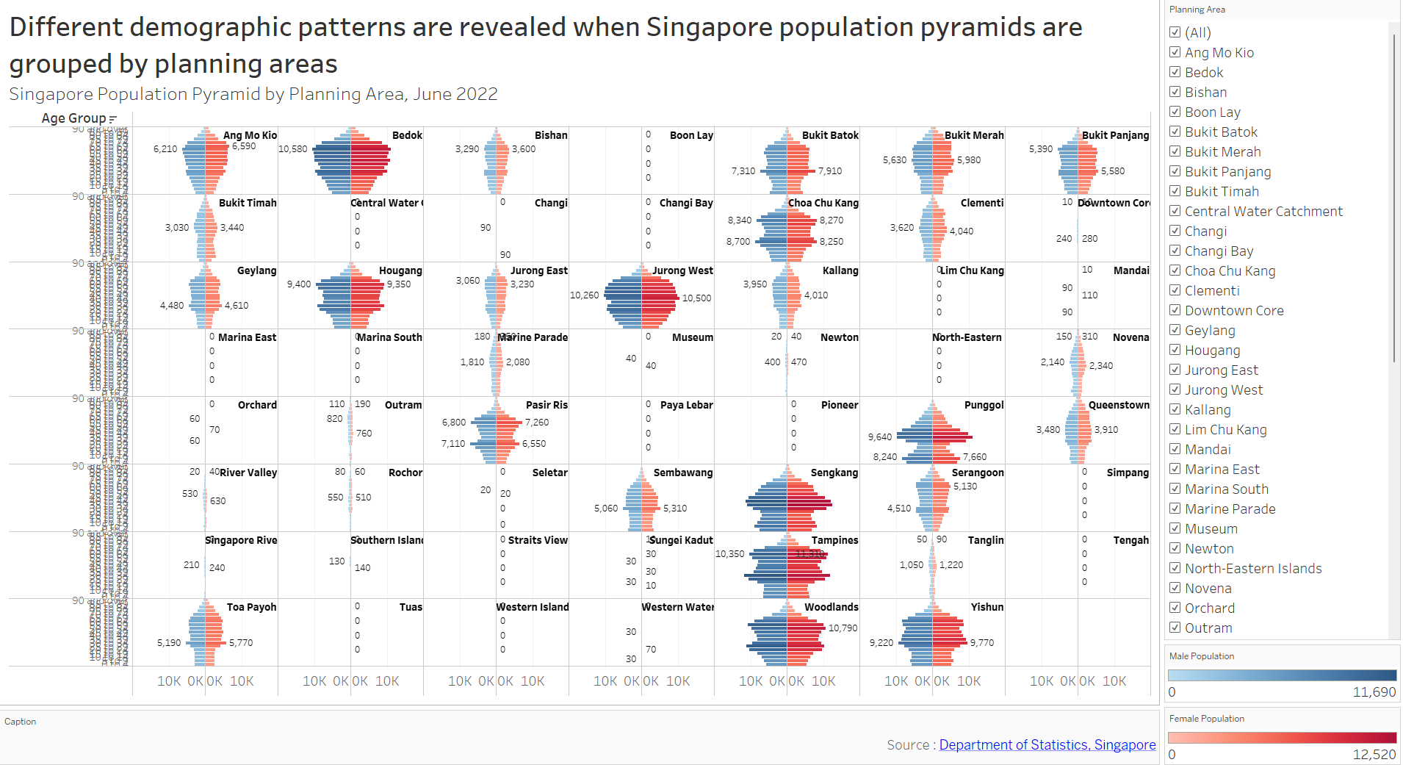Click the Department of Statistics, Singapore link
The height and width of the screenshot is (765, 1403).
1047,744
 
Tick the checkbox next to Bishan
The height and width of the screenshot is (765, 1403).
1175,92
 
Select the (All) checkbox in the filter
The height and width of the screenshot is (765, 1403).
1175,32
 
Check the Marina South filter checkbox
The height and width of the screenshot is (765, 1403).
1175,489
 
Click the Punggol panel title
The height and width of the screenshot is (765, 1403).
984,405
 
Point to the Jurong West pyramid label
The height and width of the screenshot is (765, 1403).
682,270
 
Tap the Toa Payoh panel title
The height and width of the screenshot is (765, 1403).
251,607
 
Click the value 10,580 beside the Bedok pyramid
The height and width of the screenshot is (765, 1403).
292,148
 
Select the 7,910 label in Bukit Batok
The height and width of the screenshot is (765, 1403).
830,170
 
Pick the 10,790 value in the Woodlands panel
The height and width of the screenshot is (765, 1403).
843,628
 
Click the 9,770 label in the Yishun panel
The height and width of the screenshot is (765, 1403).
981,642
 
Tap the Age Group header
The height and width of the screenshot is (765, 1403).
73,118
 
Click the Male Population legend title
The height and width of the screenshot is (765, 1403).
1201,656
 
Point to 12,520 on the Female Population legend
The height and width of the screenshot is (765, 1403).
1374,755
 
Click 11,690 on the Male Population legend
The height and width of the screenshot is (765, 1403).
1374,692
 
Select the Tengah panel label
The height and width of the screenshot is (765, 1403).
1130,540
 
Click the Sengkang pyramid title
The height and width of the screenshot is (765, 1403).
834,473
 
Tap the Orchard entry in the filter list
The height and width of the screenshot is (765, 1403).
1209,608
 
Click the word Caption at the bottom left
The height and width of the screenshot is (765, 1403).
20,722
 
